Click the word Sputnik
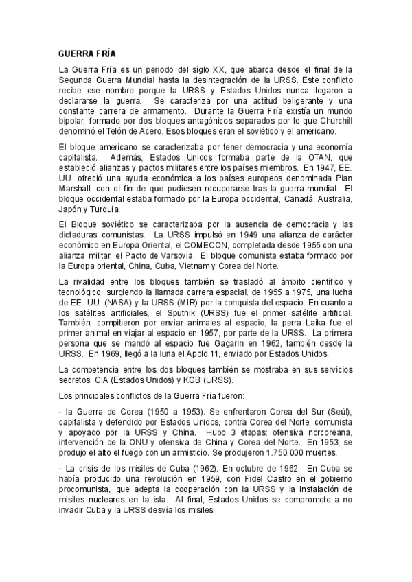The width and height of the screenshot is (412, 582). point(165,310)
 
